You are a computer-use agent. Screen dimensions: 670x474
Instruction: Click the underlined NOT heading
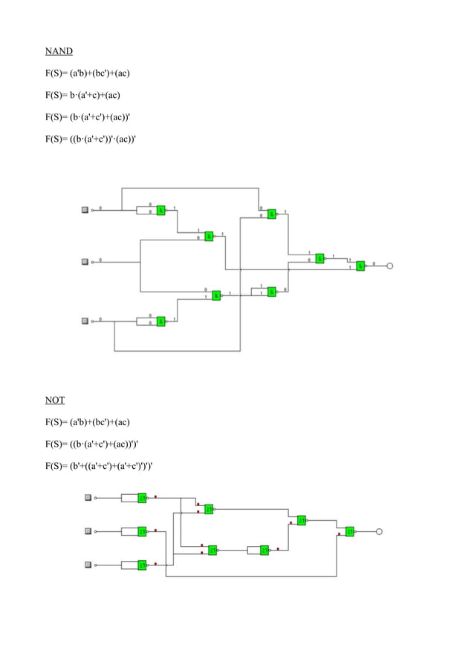point(54,400)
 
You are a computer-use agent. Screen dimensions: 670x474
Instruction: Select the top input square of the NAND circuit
point(85,210)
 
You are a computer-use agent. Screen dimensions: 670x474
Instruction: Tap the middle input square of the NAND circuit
point(85,261)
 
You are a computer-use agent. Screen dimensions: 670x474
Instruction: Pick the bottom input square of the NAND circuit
point(85,321)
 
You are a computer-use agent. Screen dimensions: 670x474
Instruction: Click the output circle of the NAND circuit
point(389,265)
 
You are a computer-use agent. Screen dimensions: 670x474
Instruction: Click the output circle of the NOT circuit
point(379,531)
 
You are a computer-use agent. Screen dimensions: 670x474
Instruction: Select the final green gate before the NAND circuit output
point(360,265)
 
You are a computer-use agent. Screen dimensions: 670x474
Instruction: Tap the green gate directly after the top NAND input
point(160,210)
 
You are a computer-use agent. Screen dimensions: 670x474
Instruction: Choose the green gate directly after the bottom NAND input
point(160,321)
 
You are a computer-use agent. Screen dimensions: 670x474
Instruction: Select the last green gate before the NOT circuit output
point(349,531)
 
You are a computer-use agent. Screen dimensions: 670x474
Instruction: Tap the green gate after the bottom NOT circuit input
point(142,565)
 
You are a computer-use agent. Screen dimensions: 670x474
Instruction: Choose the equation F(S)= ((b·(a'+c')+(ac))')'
point(90,444)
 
